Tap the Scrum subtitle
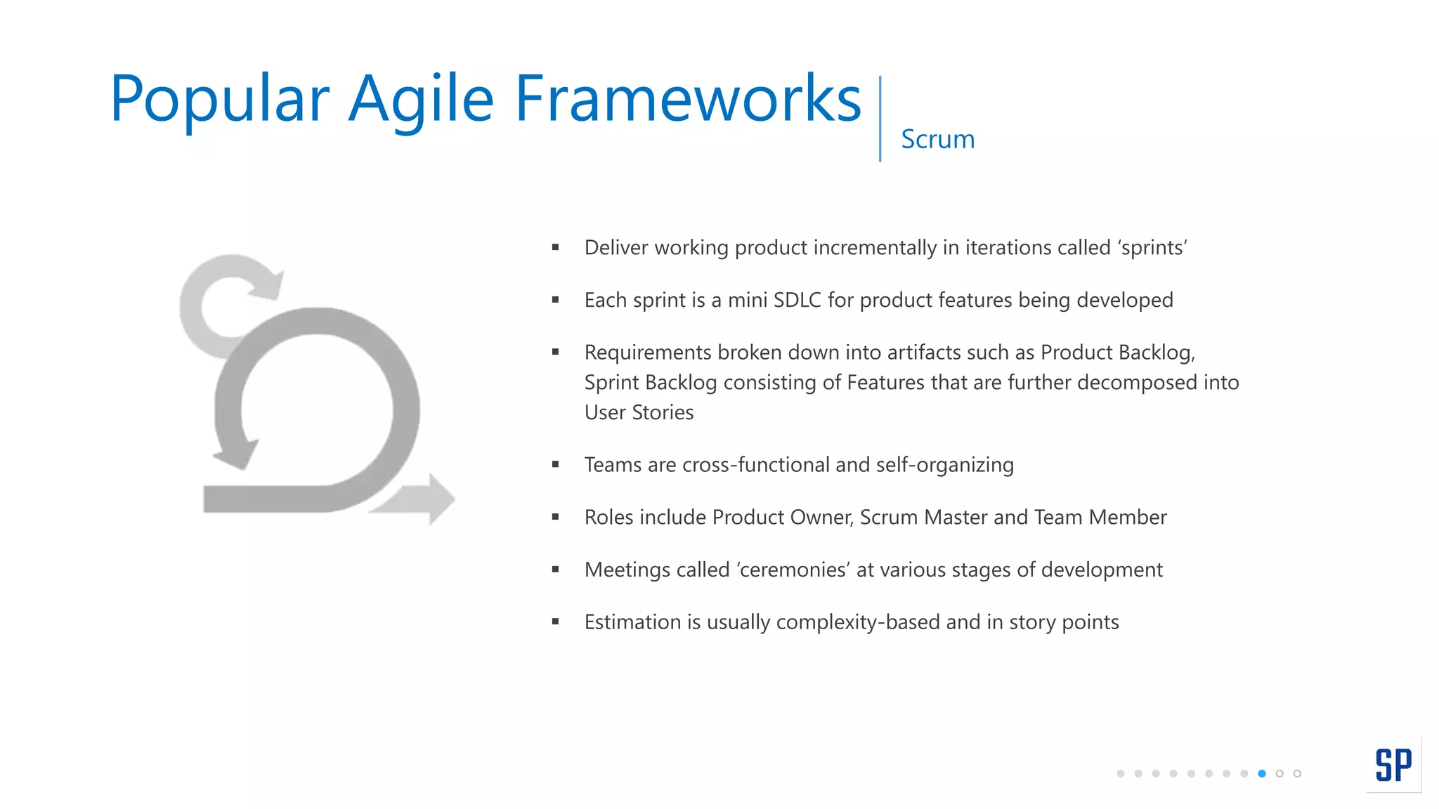937,139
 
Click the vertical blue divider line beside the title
880,118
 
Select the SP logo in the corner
1393,765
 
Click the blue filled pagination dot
1262,773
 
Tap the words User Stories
639,412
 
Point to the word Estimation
632,622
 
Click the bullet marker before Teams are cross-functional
555,464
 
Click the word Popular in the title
219,100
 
